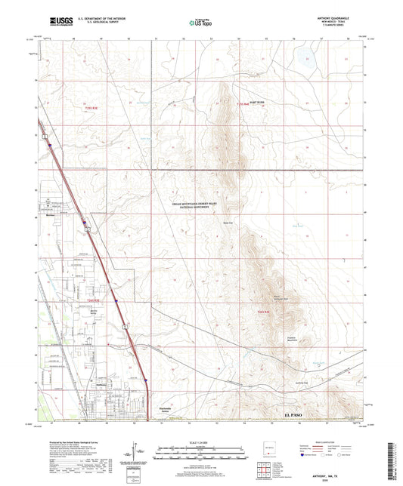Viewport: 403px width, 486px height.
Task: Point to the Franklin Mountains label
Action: (274, 337)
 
